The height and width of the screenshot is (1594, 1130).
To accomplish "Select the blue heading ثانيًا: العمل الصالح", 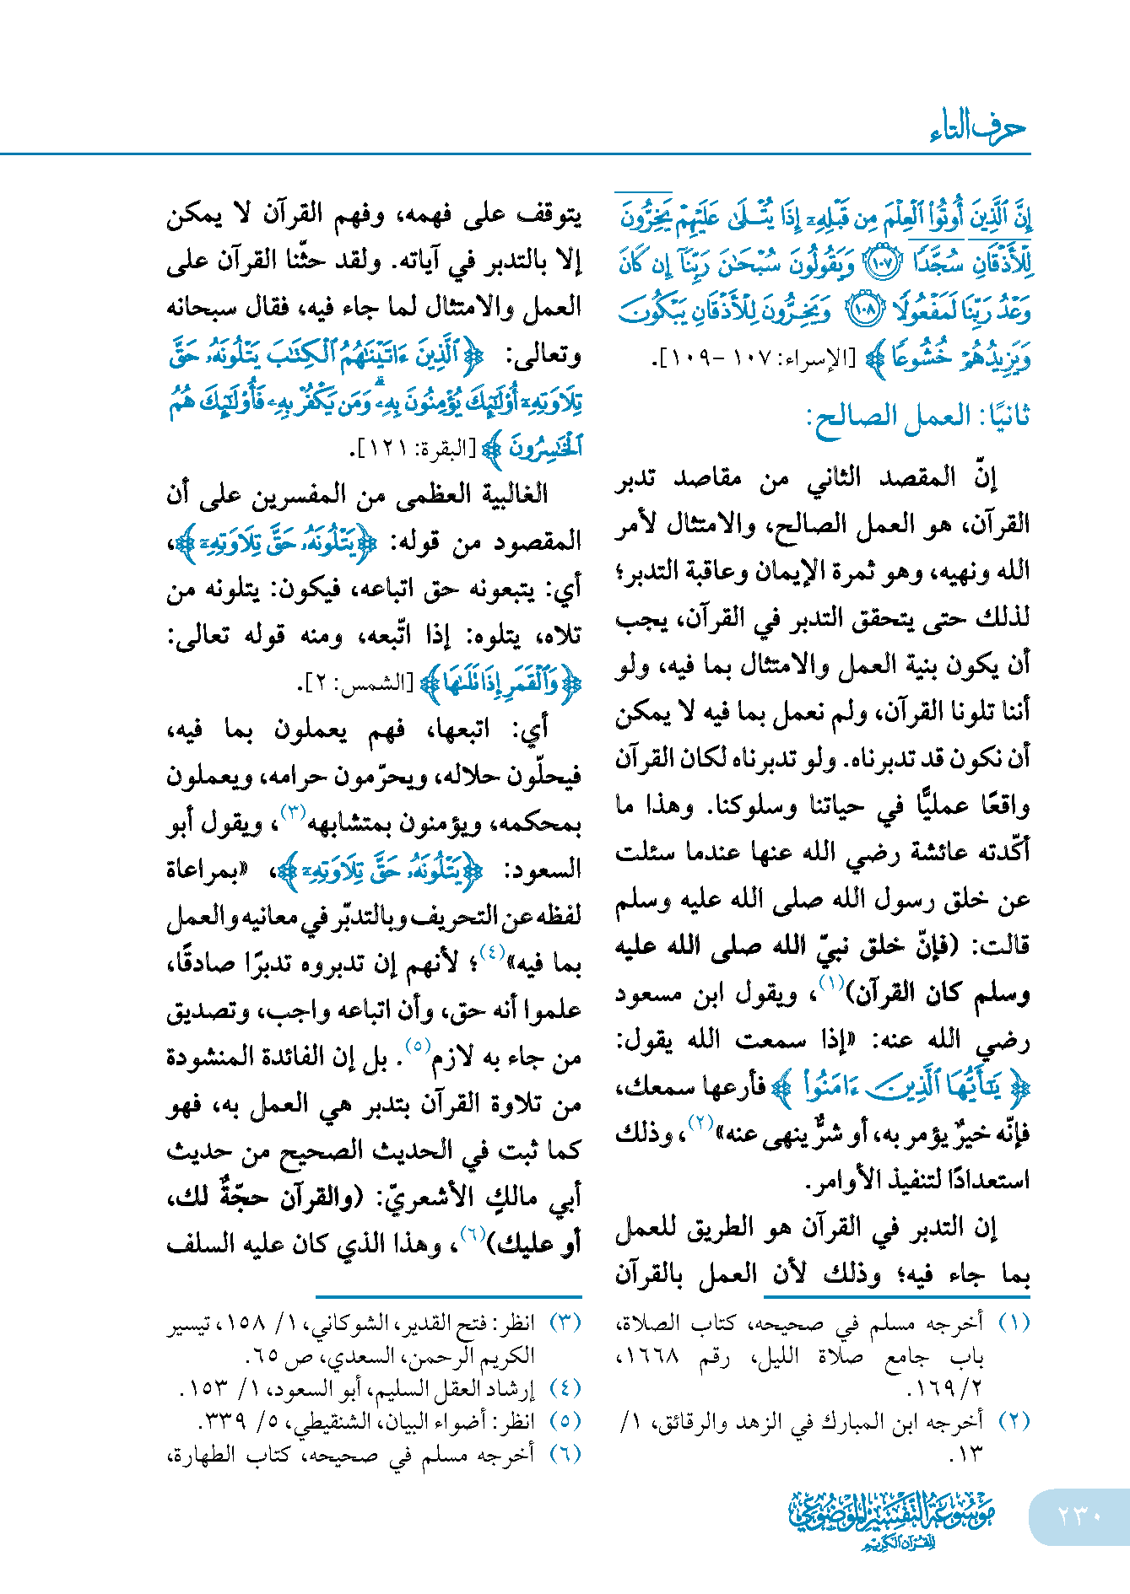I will [918, 417].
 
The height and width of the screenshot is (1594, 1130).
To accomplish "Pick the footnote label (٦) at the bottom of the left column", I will [565, 1454].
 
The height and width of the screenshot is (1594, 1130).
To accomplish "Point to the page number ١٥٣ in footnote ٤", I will [201, 1388].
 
